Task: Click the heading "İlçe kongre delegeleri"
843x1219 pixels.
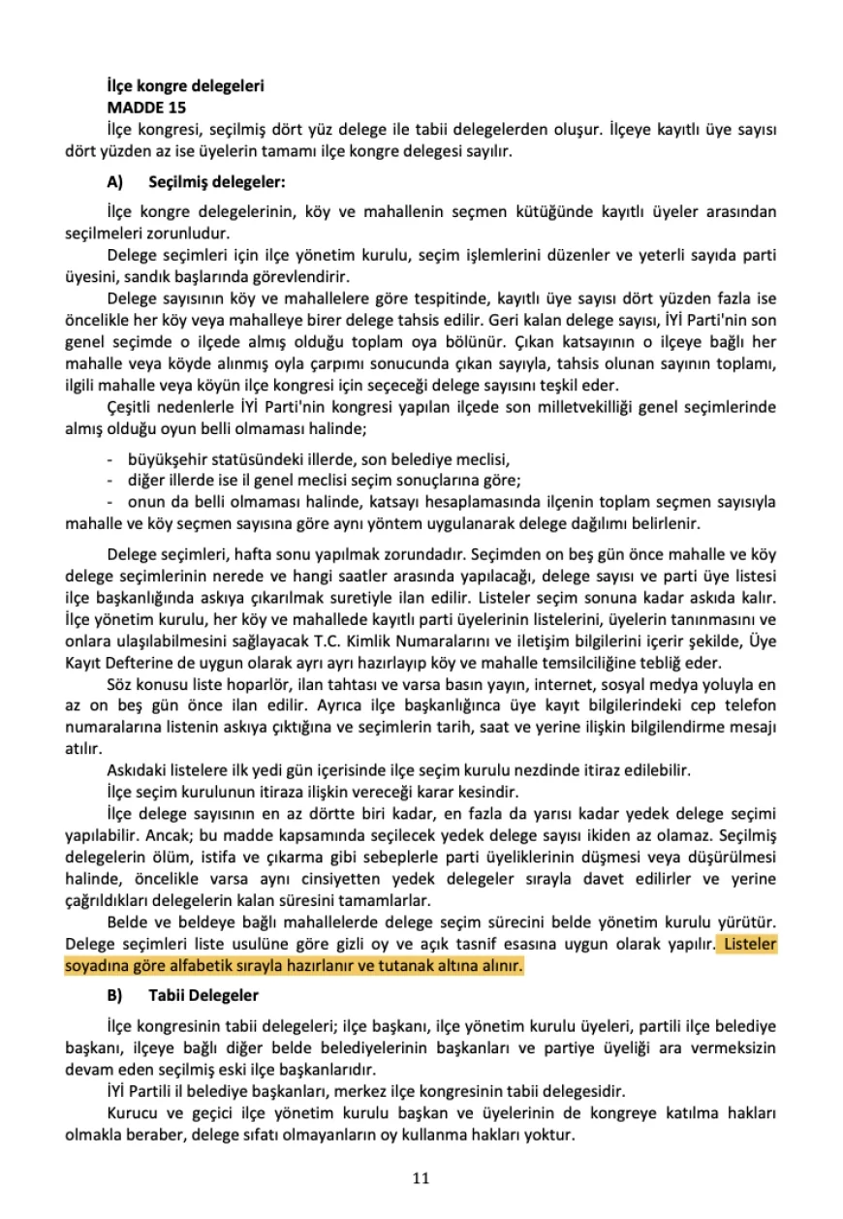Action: coord(186,85)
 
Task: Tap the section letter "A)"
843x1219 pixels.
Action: coord(115,181)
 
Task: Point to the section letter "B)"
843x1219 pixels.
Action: coord(115,995)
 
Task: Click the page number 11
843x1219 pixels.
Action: coord(421,1178)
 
